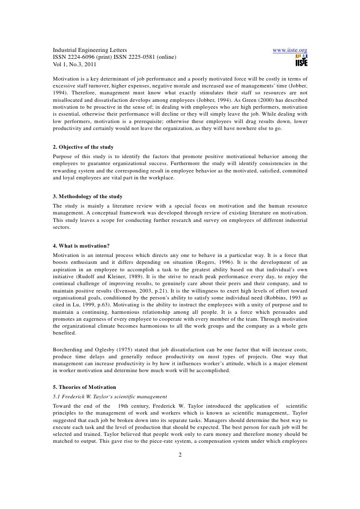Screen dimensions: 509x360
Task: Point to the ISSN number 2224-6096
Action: point(84,58)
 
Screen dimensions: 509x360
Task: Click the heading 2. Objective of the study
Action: point(83,147)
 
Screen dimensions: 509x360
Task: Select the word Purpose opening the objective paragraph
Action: point(64,156)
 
